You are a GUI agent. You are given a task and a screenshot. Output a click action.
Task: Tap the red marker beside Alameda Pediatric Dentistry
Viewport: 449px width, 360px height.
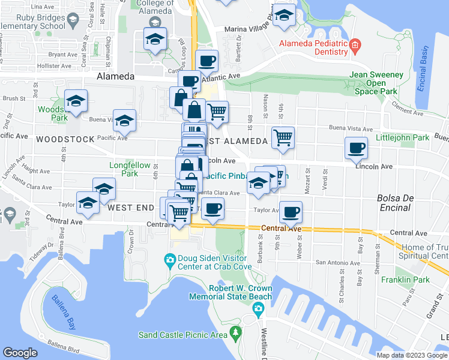click(x=355, y=44)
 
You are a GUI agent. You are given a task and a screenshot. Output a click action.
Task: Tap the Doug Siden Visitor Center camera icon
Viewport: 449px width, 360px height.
click(x=170, y=259)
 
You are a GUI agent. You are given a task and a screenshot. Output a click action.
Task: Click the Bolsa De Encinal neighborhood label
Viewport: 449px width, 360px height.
click(x=394, y=203)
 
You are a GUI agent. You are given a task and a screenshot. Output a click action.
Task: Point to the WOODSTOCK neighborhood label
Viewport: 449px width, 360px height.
click(x=65, y=139)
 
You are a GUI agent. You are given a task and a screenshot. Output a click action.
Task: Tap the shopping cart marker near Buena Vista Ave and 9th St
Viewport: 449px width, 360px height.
click(x=283, y=137)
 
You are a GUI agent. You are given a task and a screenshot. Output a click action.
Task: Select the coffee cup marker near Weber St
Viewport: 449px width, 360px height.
click(x=291, y=212)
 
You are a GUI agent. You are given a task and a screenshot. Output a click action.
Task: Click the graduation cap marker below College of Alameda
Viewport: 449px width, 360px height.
click(x=155, y=40)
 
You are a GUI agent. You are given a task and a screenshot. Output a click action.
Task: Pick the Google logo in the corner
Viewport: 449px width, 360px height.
click(x=20, y=353)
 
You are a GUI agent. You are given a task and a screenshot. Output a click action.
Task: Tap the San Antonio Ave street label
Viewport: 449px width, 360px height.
click(x=338, y=263)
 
